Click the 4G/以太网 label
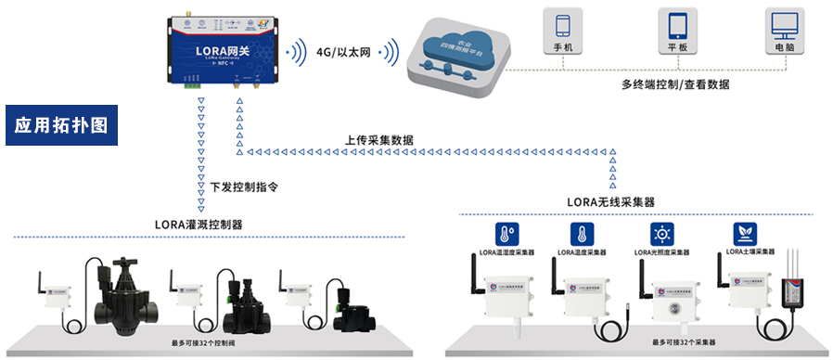(342, 54)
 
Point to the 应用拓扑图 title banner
(61, 125)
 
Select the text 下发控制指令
(244, 186)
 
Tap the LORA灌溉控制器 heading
(199, 224)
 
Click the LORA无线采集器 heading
(610, 201)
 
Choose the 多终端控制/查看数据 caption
(675, 84)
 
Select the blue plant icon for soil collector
(745, 232)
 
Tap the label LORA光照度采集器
(662, 251)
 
